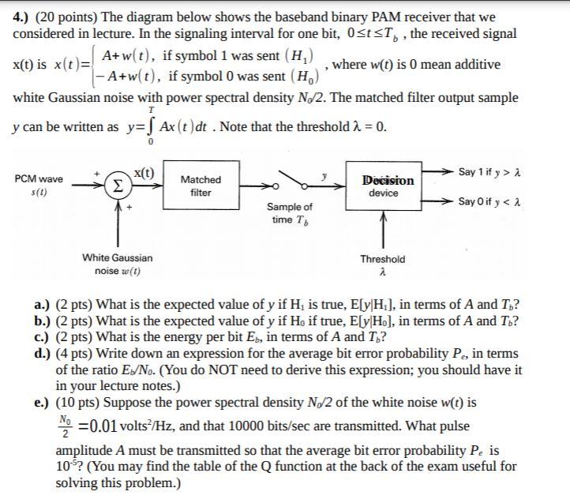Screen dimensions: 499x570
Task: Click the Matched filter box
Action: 201,186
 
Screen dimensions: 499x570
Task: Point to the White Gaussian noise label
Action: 118,264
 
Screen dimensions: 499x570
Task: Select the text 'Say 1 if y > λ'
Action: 499,171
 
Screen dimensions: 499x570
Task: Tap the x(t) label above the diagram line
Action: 144,172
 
